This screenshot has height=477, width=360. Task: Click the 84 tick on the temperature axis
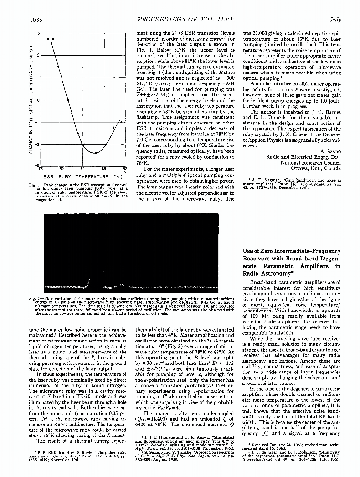pos(82,169)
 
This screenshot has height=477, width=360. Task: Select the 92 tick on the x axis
pos(125,169)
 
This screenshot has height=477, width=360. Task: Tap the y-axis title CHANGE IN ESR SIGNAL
pos(31,100)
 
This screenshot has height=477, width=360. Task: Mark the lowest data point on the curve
pos(96,153)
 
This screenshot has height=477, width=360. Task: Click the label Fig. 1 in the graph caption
pos(34,184)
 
